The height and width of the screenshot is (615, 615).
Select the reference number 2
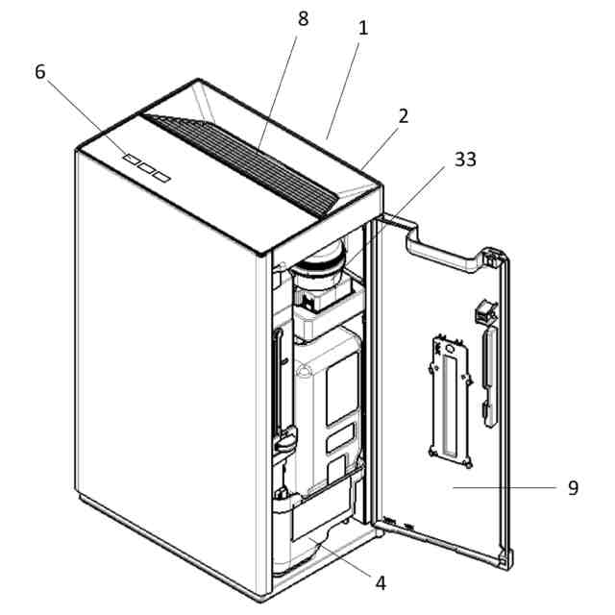pos(404,116)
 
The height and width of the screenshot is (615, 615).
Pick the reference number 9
pos(573,488)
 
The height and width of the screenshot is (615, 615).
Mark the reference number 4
pos(381,582)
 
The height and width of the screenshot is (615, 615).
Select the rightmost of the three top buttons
pos(161,175)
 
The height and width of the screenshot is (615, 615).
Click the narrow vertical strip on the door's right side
pos(490,375)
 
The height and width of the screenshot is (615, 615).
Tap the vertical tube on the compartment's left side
pos(280,384)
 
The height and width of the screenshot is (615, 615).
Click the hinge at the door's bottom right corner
pos(506,557)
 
